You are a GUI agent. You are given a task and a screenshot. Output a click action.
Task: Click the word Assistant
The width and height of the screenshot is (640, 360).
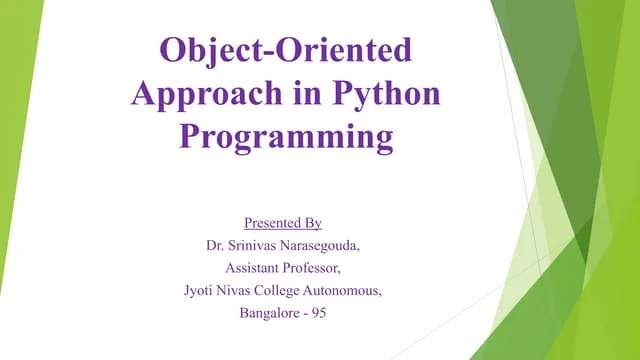252,267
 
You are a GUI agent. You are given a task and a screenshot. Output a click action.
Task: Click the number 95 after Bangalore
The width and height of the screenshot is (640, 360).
319,313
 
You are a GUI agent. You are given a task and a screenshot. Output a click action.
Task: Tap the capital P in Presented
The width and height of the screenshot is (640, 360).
248,222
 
